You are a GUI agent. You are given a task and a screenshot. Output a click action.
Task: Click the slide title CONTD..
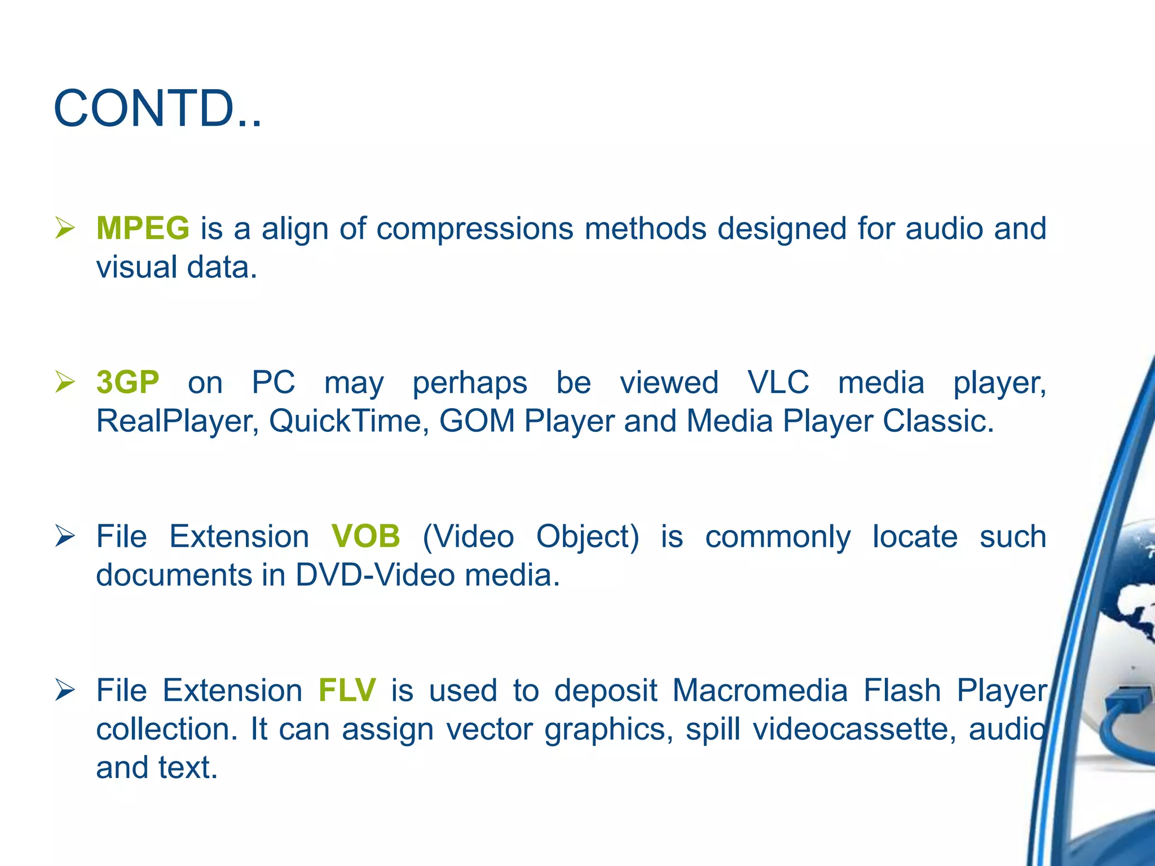(157, 108)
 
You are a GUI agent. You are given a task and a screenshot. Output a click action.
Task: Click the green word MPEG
(143, 228)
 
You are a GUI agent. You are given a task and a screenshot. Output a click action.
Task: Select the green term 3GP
(128, 382)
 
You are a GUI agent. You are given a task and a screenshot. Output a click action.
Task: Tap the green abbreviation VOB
(365, 536)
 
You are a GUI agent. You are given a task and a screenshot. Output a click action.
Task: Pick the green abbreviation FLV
(347, 690)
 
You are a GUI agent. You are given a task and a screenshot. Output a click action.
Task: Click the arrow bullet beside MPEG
(65, 229)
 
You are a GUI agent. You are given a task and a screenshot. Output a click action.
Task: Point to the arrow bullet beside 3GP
(65, 383)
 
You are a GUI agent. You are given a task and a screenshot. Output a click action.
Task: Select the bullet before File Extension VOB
(65, 537)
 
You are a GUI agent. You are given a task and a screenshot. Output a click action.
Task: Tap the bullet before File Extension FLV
(65, 691)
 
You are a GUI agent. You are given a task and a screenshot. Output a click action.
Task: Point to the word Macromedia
(760, 690)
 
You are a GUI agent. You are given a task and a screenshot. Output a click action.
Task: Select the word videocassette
(854, 729)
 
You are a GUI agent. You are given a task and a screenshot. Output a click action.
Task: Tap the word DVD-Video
(375, 575)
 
